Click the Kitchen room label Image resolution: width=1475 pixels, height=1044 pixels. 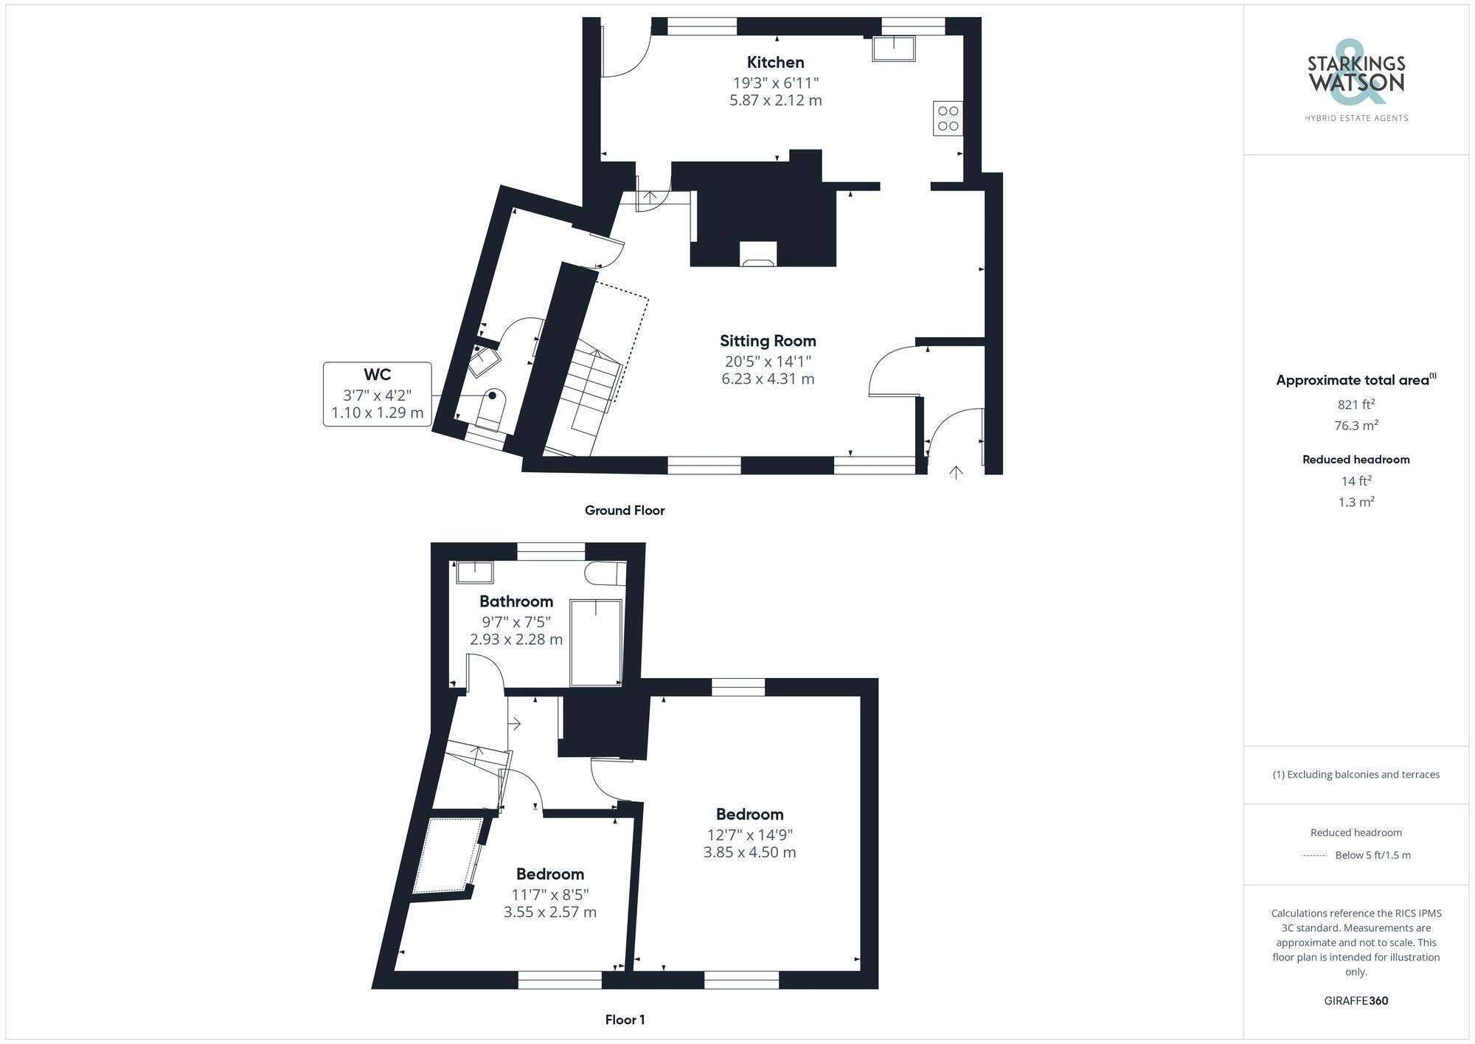[775, 63]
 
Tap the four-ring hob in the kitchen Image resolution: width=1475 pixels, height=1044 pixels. [948, 118]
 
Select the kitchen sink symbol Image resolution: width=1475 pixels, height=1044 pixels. [894, 49]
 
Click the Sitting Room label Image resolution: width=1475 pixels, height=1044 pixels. [768, 341]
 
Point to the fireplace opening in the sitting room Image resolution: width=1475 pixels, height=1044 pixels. [758, 254]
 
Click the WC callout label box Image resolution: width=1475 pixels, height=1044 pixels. [377, 394]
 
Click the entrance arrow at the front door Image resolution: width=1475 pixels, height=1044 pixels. [956, 472]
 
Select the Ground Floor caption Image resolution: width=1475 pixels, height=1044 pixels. [625, 511]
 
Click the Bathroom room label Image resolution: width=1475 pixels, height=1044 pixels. [516, 601]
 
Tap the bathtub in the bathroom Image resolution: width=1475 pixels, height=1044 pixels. [596, 643]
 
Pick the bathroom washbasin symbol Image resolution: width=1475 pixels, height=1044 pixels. [475, 573]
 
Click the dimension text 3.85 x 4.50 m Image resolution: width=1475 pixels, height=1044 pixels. [749, 852]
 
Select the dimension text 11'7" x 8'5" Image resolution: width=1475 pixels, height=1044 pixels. [550, 894]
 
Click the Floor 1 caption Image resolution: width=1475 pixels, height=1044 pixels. [625, 1020]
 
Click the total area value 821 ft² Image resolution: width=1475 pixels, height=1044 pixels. [1356, 404]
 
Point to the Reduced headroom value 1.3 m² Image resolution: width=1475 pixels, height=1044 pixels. [1356, 502]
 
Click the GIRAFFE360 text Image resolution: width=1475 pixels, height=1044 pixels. [1356, 1000]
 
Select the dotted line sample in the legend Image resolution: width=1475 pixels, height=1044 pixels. [1314, 856]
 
